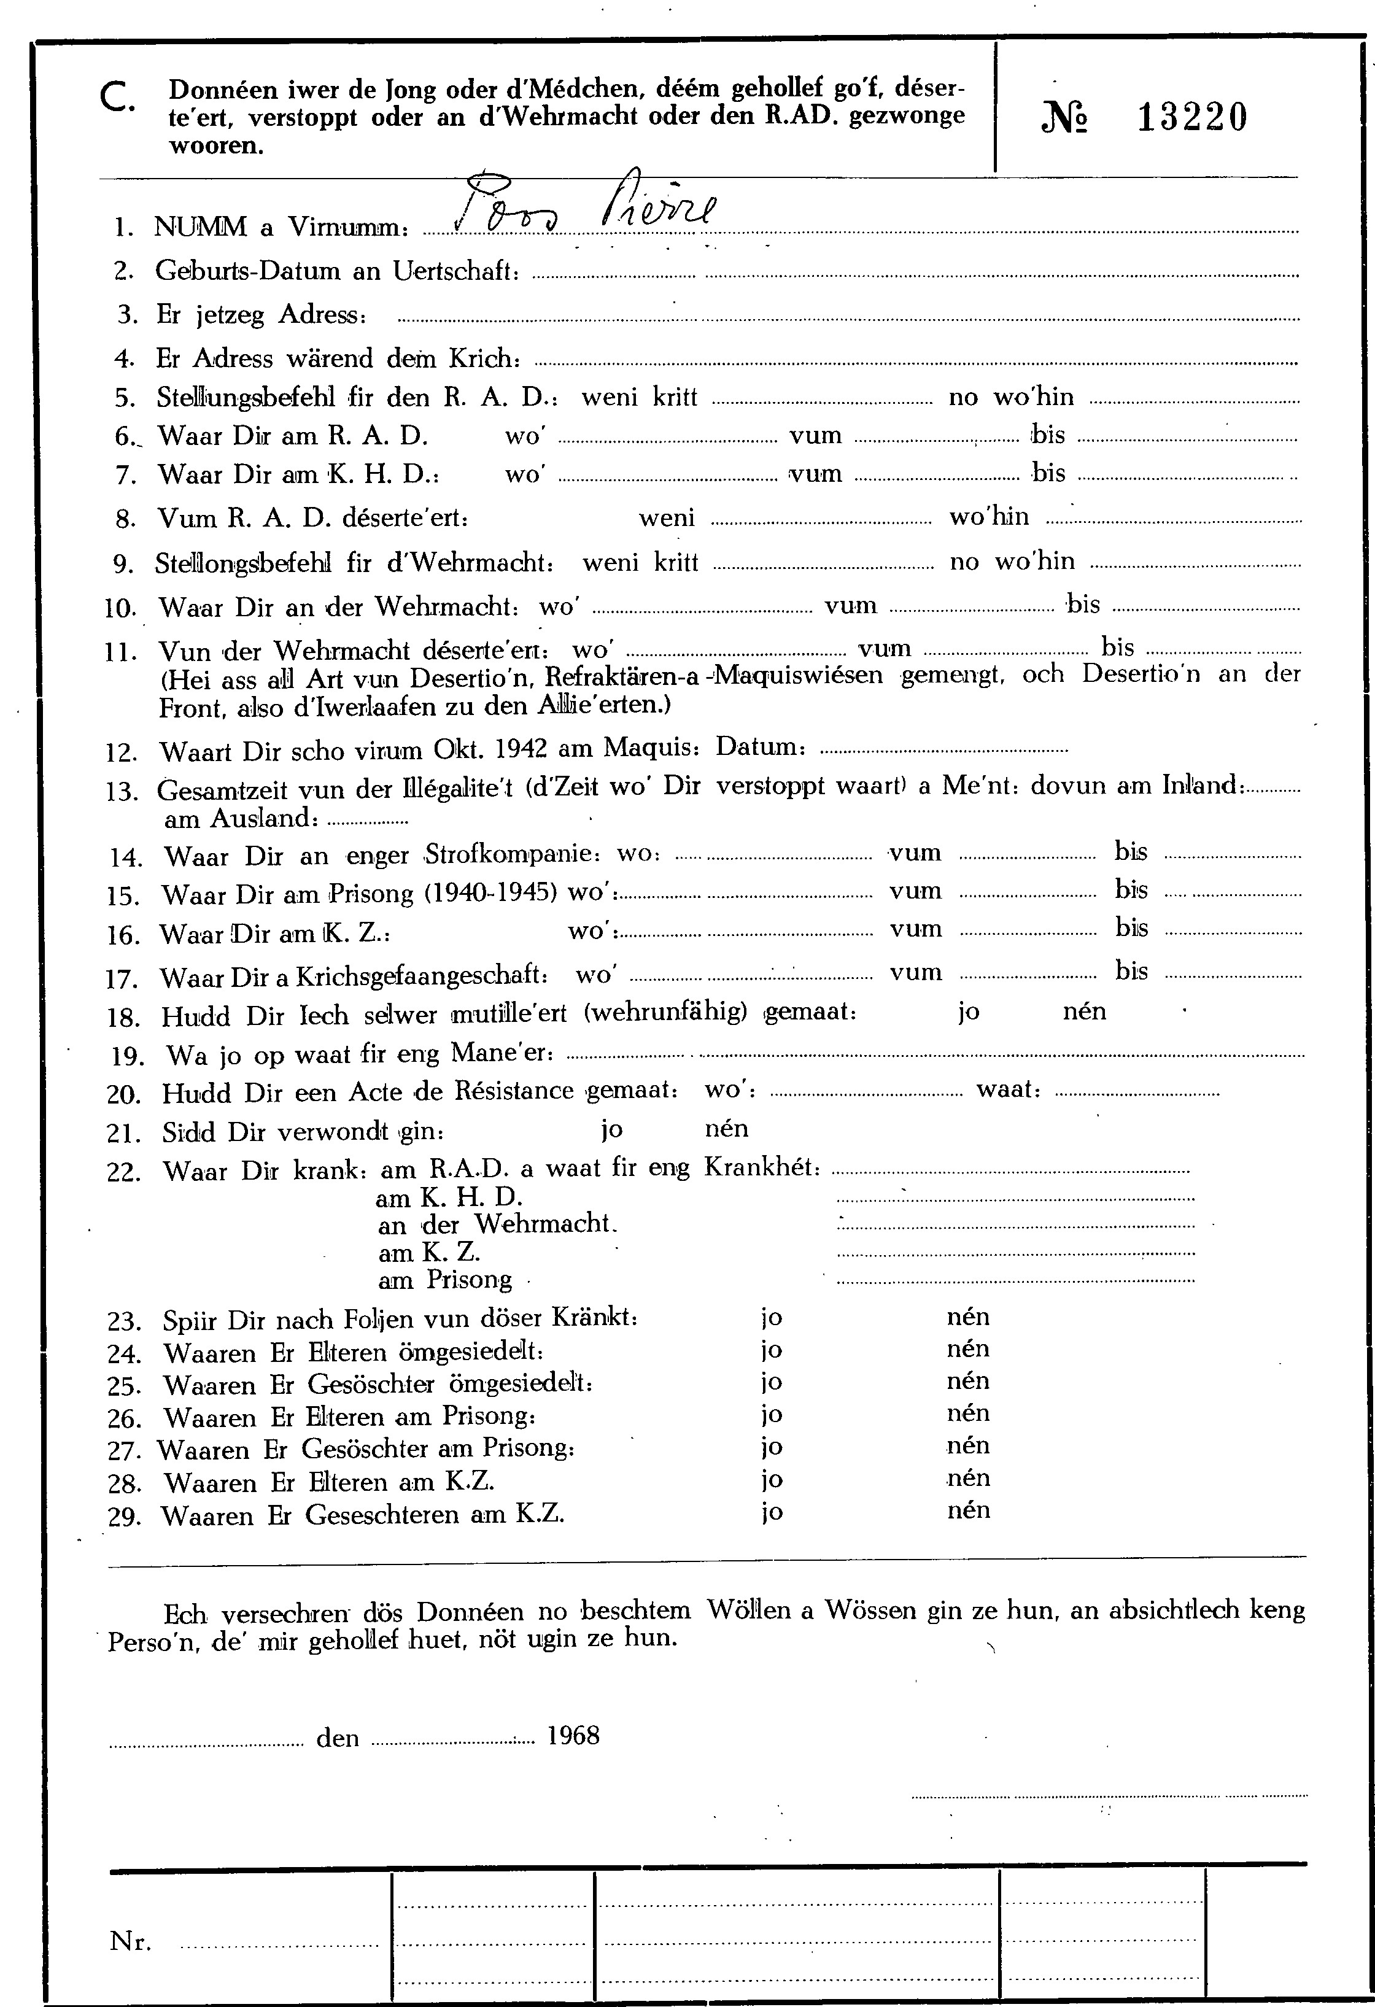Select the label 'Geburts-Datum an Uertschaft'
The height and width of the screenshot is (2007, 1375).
tap(337, 271)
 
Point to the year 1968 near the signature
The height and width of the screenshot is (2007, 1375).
tap(573, 1735)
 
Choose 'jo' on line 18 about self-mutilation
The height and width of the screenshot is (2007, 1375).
tap(967, 1012)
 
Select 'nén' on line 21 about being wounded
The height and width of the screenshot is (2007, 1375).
tap(726, 1128)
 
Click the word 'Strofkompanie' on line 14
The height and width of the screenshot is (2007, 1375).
tap(512, 856)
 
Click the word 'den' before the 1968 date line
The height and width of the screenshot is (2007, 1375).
tap(338, 1737)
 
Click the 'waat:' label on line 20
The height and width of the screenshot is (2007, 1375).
tap(1008, 1090)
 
